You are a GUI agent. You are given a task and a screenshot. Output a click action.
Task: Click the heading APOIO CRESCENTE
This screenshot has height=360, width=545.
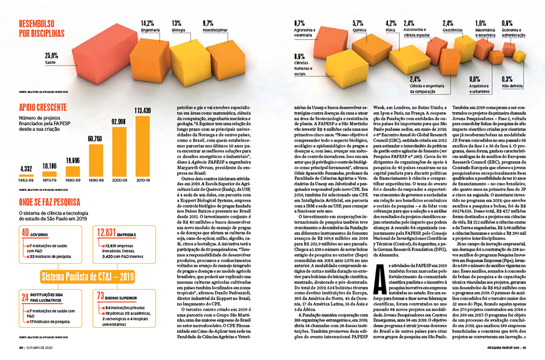coord(44,107)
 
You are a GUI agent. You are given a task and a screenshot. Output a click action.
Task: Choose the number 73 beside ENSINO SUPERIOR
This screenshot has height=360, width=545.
coord(101,297)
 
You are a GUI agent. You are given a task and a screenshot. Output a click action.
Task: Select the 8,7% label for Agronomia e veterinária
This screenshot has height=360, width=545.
coord(300,24)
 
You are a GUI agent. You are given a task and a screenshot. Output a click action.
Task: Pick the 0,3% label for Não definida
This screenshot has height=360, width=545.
coord(507,79)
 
